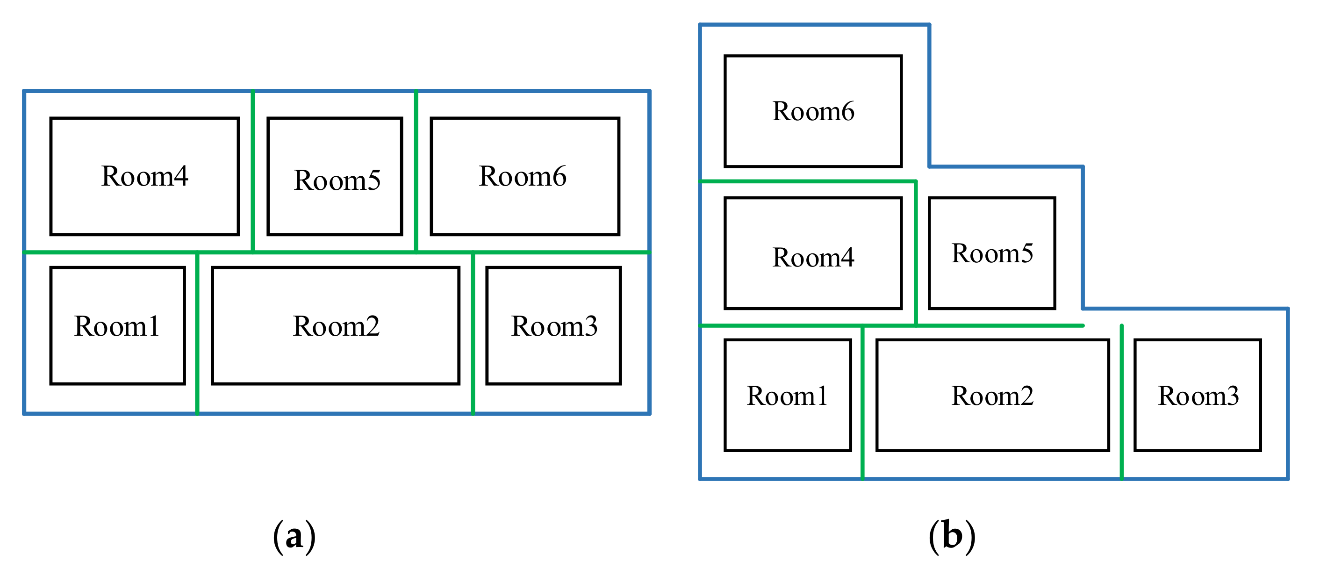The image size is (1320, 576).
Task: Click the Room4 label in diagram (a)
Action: [144, 176]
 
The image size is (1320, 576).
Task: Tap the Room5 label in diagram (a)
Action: [337, 180]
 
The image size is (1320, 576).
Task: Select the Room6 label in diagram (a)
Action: [522, 176]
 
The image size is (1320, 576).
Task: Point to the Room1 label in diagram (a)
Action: [117, 326]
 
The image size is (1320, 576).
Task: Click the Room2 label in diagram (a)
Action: [336, 326]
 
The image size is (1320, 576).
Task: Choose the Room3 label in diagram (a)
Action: [554, 326]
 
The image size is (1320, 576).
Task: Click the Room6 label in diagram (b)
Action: [813, 111]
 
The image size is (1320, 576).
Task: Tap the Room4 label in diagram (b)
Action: [813, 257]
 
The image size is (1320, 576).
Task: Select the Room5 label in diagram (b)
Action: [992, 253]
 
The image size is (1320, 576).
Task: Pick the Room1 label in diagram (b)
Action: [787, 396]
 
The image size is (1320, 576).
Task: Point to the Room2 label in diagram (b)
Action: [992, 396]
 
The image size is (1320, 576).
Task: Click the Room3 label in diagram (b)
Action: [1198, 396]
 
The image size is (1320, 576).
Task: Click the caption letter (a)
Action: [294, 536]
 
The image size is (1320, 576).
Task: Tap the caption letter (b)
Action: [952, 536]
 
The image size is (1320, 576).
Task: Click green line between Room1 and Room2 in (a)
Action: [197, 333]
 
